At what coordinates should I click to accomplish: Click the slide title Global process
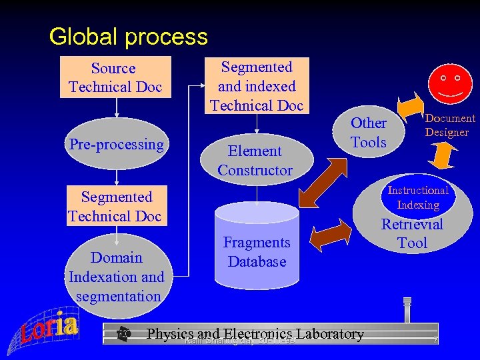pos(128,36)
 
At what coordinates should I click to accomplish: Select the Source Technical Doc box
pos(115,78)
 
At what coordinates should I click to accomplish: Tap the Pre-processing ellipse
pos(117,144)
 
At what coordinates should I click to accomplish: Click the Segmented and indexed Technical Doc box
pos(257,85)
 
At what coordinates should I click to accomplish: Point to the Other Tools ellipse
pos(368,132)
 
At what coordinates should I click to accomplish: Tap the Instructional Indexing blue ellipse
pos(418,197)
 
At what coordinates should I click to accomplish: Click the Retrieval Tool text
pos(412,234)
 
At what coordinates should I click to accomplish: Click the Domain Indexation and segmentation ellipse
pos(117,276)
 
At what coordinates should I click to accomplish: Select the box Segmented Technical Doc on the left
pos(115,206)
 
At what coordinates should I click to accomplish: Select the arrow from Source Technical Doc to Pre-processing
pos(117,108)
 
